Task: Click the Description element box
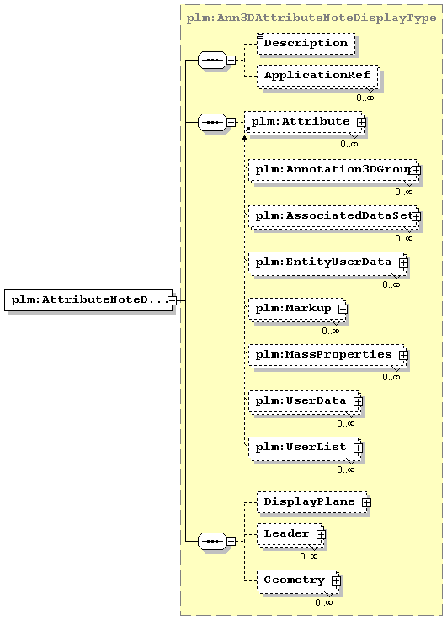(x=306, y=44)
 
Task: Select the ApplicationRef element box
(x=318, y=76)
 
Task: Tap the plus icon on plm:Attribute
(x=361, y=123)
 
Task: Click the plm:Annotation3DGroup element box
(x=333, y=170)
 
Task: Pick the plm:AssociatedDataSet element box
(x=333, y=216)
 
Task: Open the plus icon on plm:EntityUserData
(x=403, y=262)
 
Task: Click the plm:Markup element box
(x=297, y=309)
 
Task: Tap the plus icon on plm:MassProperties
(x=403, y=355)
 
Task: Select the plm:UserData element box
(x=305, y=401)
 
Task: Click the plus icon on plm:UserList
(x=358, y=448)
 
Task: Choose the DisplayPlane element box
(x=313, y=502)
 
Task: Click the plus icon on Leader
(x=321, y=534)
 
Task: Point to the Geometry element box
(x=298, y=580)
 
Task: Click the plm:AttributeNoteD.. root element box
(x=88, y=300)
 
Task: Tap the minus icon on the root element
(x=172, y=300)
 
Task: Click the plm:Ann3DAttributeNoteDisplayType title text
(x=311, y=19)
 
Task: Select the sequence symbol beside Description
(x=212, y=60)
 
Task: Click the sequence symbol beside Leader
(x=212, y=541)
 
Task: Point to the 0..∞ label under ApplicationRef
(x=365, y=98)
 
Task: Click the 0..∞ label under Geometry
(x=323, y=602)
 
